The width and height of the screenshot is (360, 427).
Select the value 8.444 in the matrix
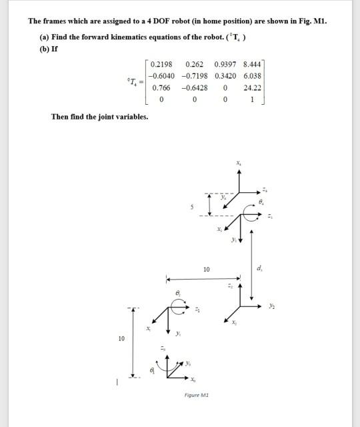pos(253,64)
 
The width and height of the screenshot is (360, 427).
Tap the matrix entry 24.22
pos(252,87)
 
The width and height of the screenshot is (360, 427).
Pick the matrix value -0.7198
pos(193,75)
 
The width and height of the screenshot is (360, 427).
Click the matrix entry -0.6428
pos(194,87)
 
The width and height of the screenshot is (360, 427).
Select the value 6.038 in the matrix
pos(253,75)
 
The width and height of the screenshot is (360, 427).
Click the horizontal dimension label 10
pos(207,270)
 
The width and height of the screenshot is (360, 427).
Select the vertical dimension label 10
pos(121,339)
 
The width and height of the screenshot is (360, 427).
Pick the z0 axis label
pos(163,349)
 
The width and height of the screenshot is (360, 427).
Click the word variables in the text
pos(131,117)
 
